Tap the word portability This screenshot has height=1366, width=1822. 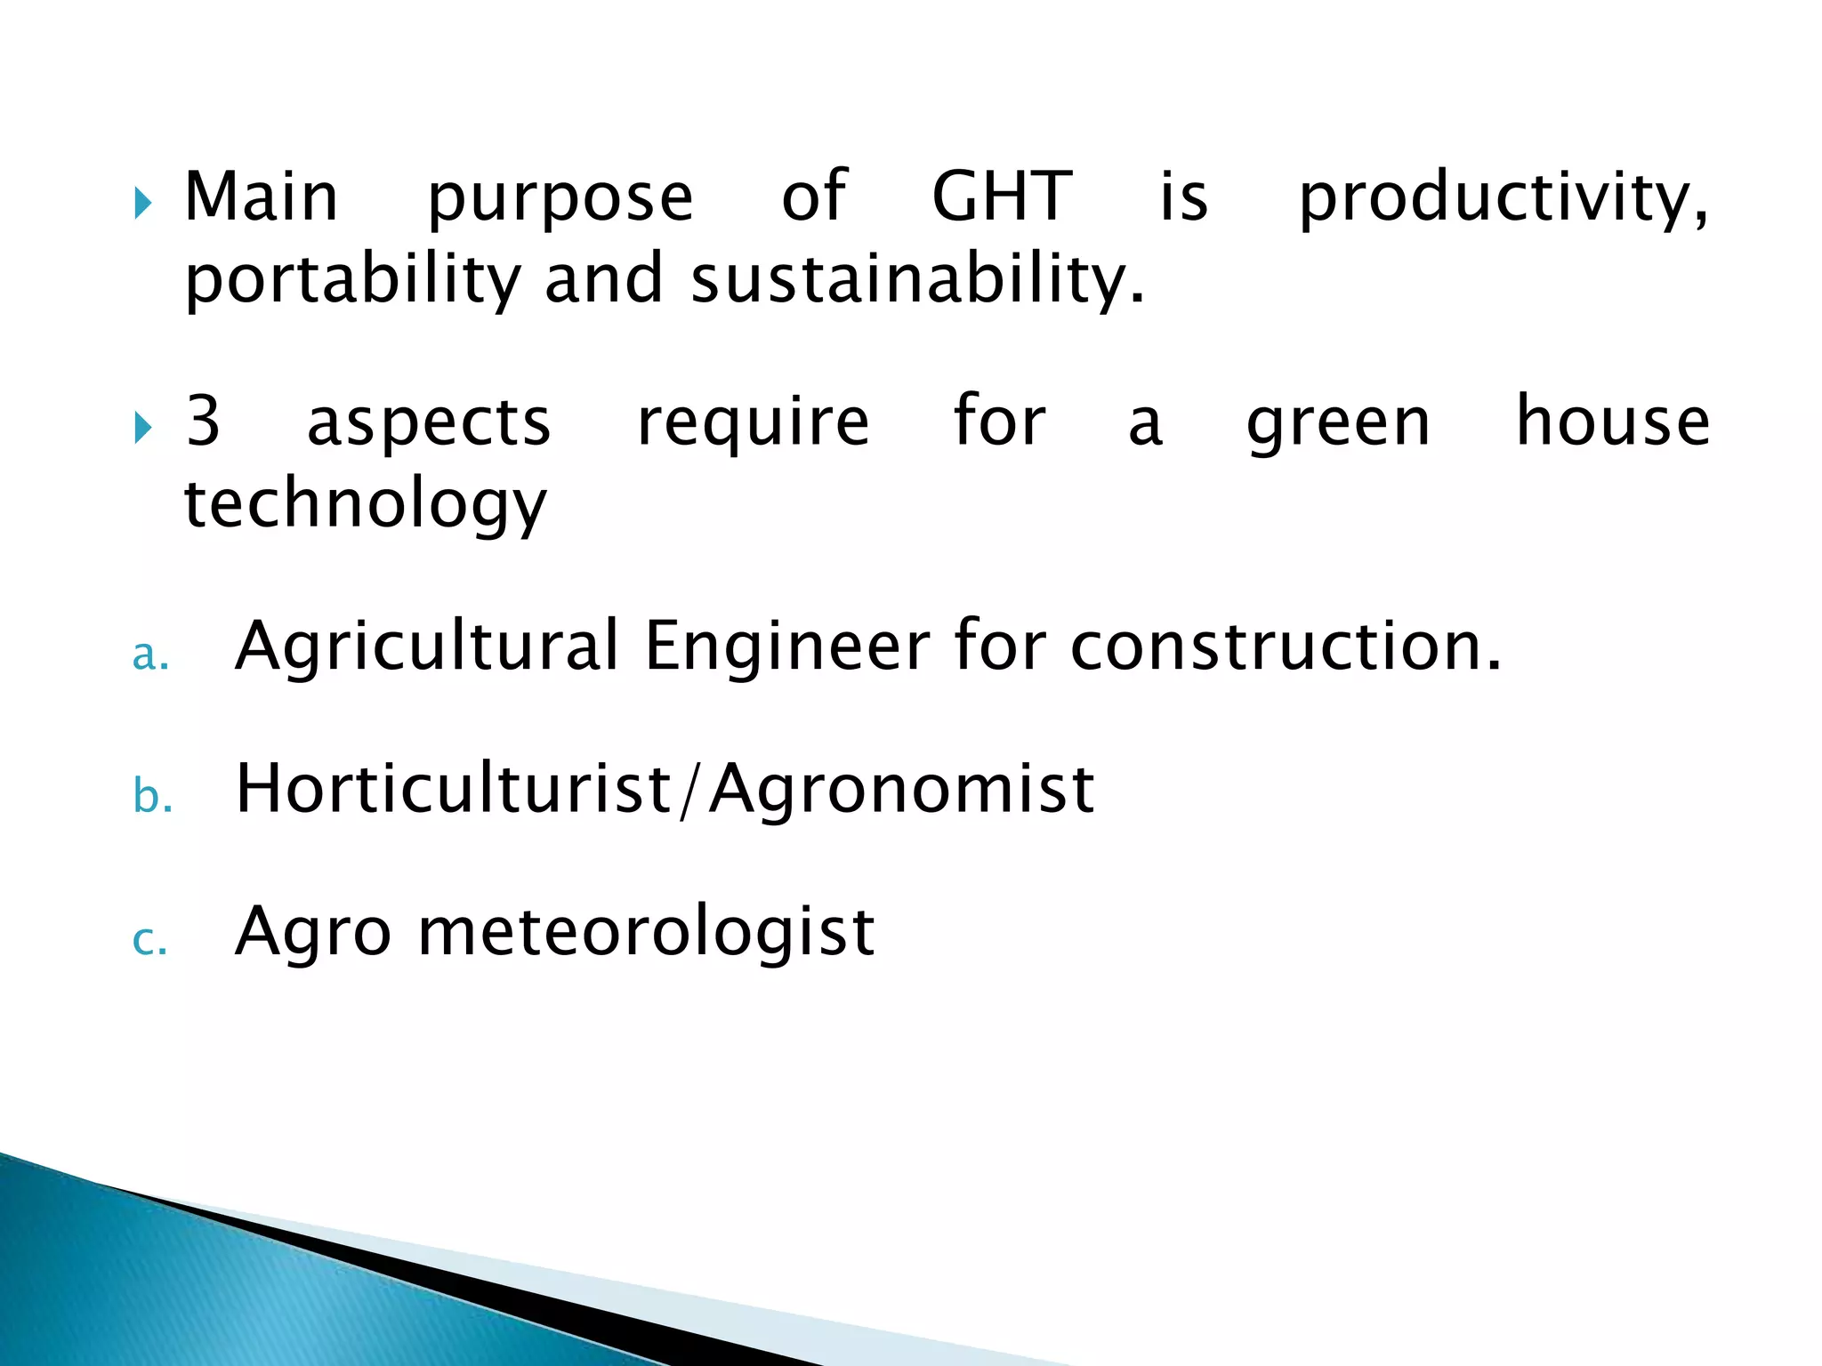click(352, 280)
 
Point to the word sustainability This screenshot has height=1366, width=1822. click(916, 280)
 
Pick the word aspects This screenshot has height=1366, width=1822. click(429, 423)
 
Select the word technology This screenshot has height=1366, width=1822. click(365, 504)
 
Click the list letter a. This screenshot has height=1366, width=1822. click(149, 655)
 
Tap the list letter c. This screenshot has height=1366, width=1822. click(149, 940)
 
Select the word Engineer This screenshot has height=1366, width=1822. click(787, 647)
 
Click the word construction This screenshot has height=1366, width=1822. click(1285, 646)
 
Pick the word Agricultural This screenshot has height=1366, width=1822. click(427, 647)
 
